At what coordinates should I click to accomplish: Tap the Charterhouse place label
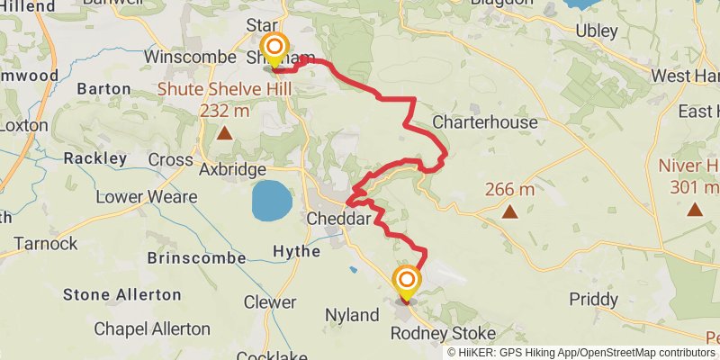pos(485,121)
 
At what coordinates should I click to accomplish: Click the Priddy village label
pos(594,299)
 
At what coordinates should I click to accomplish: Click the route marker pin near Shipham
pos(274,48)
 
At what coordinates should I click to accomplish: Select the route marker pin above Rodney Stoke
pos(407,283)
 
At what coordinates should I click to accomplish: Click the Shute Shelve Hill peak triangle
pos(223,133)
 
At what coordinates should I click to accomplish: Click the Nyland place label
pos(352,315)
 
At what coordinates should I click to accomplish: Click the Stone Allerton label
pos(122,294)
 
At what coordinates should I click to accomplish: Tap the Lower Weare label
pos(137,195)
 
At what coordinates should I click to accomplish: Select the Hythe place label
pos(296,252)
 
